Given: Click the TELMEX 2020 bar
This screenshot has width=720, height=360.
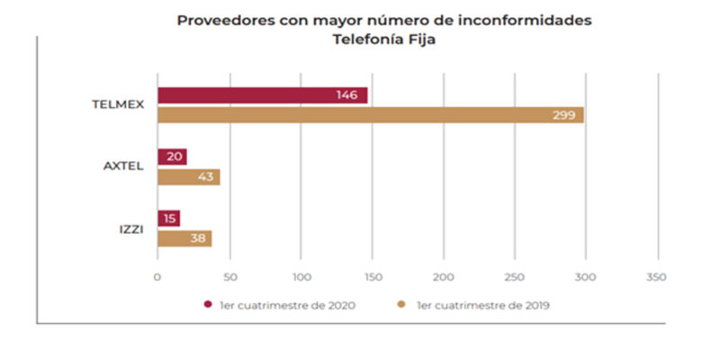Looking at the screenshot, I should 262,95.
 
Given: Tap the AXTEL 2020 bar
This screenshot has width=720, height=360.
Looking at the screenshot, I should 172,157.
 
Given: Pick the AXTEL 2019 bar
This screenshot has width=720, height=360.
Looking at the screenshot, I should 188,177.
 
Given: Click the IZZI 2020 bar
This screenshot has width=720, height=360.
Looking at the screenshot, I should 168,219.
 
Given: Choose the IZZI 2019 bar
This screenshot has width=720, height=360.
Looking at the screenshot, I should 184,238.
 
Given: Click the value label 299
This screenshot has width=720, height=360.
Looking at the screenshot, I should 564,115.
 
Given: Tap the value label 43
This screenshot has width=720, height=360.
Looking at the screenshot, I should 205,177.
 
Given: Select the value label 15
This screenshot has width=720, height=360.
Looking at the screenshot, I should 169,219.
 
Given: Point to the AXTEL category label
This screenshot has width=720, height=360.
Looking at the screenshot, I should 124,166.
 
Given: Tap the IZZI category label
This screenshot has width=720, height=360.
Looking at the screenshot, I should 130,229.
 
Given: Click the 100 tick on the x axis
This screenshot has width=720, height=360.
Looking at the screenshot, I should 301,276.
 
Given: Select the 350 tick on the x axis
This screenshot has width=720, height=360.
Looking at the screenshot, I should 656,276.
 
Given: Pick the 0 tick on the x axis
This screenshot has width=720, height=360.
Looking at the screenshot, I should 157,276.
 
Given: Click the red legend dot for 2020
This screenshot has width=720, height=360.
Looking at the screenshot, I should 208,304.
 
